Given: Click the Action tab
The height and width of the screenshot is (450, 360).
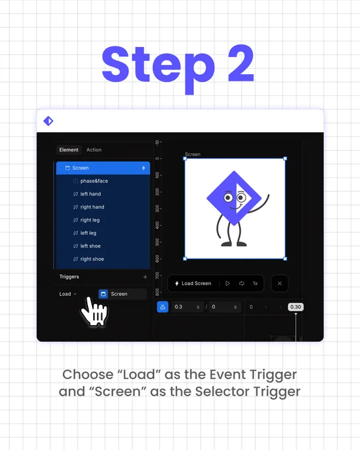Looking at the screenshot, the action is (94, 150).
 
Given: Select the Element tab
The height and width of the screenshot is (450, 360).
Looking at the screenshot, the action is (69, 150).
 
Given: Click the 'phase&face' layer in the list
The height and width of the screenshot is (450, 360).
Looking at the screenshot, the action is (94, 181).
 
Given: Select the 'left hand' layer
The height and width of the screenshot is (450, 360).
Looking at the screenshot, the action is (91, 194).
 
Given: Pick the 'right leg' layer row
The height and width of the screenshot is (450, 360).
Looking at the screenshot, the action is (90, 220).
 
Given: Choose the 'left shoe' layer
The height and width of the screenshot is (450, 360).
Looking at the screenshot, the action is (90, 246).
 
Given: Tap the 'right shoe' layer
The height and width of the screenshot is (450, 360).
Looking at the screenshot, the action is (92, 259).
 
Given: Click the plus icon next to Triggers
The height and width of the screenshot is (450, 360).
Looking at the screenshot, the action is (145, 277).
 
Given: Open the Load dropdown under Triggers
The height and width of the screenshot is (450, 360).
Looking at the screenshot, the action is (67, 294).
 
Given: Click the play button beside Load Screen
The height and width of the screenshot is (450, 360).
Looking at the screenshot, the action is (228, 283).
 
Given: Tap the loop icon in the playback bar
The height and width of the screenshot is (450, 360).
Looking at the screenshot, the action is (242, 283).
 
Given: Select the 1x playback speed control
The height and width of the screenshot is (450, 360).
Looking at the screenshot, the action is (255, 283).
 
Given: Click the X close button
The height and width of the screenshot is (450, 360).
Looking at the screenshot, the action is (280, 283).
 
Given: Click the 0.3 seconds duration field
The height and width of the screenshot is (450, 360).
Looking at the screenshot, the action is (187, 307).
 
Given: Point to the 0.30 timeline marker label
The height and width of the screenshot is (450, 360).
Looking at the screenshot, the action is (295, 307).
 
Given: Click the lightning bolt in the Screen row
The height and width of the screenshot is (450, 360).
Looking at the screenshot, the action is (144, 168).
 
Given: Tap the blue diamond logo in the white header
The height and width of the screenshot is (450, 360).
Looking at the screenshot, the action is (48, 121).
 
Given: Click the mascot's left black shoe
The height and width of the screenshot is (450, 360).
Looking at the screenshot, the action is (226, 244).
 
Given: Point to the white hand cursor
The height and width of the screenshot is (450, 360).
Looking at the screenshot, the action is (94, 312).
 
